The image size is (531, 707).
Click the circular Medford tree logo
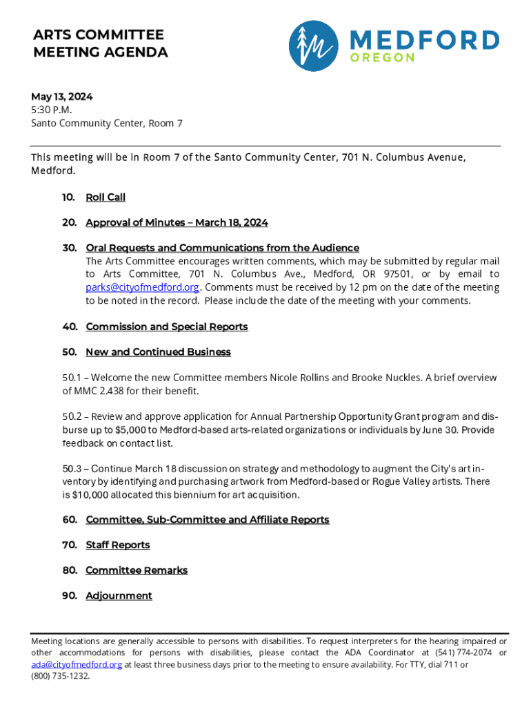tap(314, 46)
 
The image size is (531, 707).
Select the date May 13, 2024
tap(61, 97)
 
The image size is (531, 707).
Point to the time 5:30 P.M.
tap(52, 110)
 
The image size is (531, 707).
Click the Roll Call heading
tap(106, 197)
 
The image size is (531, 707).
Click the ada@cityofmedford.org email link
tap(77, 664)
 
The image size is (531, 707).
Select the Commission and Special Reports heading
tap(166, 327)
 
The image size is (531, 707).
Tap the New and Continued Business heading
tap(158, 352)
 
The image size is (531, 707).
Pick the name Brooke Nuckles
tap(385, 378)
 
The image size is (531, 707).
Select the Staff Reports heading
tap(117, 545)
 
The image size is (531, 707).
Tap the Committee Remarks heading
tap(137, 570)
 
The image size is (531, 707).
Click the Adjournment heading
tap(119, 596)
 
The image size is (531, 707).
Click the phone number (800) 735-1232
tap(60, 676)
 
